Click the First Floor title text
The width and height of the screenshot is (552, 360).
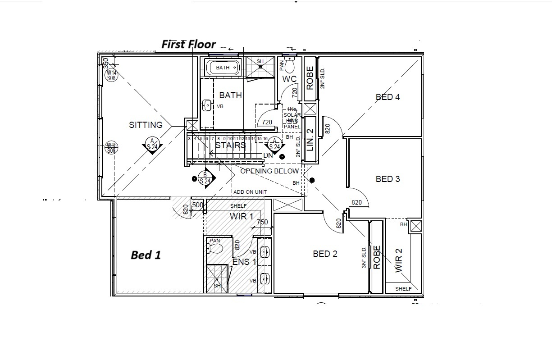189,44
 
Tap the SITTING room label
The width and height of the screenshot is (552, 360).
146,125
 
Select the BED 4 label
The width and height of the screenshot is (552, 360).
388,96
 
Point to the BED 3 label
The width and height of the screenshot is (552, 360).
388,179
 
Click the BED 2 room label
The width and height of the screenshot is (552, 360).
325,254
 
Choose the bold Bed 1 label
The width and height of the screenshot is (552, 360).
146,255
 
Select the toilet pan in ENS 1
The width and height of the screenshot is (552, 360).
214,246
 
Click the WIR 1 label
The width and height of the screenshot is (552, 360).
241,216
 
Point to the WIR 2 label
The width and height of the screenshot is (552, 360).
398,260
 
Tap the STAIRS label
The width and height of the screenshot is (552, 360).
230,145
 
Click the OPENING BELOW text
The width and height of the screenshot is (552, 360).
269,171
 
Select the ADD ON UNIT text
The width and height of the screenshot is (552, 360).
250,192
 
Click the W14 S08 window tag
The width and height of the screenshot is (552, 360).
110,75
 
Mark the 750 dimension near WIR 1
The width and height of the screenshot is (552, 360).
262,222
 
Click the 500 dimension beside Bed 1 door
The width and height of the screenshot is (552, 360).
197,205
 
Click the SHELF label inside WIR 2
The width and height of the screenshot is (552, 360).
403,289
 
